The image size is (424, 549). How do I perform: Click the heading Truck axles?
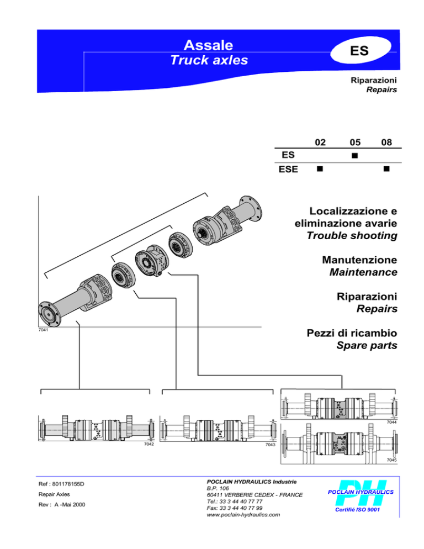(209, 60)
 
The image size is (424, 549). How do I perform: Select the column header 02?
(320, 142)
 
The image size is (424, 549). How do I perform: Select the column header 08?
(386, 142)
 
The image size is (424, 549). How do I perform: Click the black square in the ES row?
(354, 156)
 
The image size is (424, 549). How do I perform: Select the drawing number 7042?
(149, 444)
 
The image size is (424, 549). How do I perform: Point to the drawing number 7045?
(391, 460)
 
